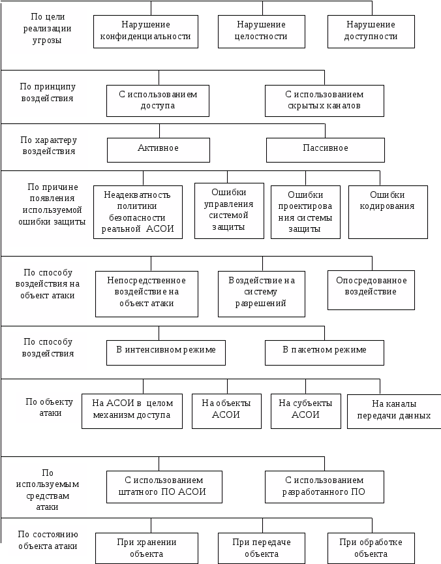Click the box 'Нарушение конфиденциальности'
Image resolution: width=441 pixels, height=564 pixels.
[145, 31]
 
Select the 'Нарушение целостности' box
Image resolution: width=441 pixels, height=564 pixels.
[261, 31]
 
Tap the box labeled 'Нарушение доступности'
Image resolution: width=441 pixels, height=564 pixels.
[371, 31]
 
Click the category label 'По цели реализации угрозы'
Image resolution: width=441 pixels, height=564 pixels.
[48, 30]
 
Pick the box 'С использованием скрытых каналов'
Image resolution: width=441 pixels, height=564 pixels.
[324, 101]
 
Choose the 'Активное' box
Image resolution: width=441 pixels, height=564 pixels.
[159, 149]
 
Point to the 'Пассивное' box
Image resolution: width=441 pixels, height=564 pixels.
[325, 149]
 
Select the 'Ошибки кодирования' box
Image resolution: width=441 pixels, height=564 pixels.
[388, 212]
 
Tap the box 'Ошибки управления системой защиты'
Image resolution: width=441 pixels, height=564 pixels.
[229, 210]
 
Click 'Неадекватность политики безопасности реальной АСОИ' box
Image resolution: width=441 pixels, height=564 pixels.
[138, 212]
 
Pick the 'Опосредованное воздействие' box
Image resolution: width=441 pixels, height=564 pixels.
[371, 290]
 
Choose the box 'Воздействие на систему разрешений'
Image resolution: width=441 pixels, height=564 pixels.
[261, 293]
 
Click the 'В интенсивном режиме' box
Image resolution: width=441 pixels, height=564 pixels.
[166, 352]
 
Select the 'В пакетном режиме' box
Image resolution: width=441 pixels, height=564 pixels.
[324, 352]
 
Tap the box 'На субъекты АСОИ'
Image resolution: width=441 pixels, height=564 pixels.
[305, 410]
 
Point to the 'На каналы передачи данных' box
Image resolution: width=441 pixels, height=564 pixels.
[393, 411]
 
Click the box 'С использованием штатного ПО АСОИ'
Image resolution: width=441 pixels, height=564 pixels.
[164, 486]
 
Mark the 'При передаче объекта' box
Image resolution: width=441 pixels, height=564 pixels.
[261, 548]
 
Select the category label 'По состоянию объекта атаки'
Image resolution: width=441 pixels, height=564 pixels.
[48, 540]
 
